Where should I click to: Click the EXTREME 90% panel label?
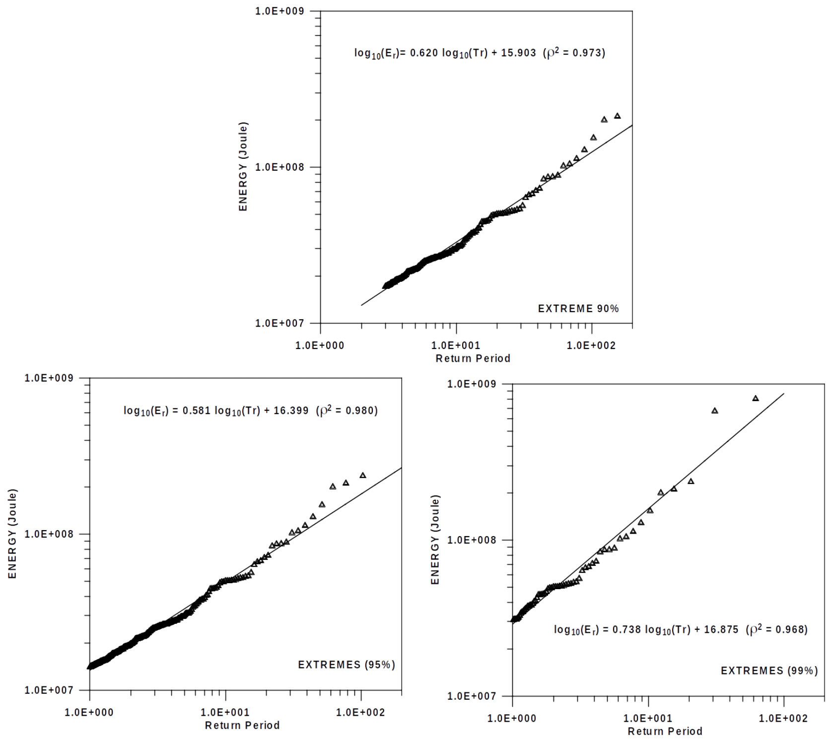click(578, 309)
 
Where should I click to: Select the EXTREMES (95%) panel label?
click(347, 665)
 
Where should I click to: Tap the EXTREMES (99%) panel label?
click(769, 671)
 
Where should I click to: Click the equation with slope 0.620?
click(480, 53)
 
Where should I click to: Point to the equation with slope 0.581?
click(251, 410)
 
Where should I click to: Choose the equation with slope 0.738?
click(681, 630)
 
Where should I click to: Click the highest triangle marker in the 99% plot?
click(756, 399)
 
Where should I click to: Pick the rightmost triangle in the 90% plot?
click(618, 116)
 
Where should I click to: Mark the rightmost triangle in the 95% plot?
click(363, 475)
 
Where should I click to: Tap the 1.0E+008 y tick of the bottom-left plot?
click(48, 534)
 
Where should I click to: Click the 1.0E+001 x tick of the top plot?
click(456, 345)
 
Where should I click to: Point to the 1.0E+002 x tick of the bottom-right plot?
click(783, 719)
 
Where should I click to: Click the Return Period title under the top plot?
click(473, 358)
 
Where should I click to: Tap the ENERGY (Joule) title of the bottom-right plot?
click(435, 540)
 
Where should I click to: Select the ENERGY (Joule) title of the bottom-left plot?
click(12, 534)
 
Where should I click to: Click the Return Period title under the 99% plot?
click(665, 732)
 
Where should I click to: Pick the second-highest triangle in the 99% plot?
click(715, 411)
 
